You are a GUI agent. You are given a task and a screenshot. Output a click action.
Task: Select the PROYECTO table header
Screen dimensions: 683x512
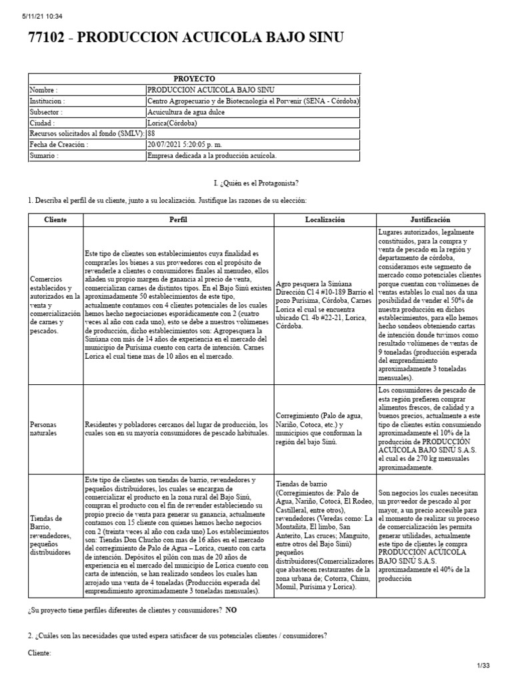pyautogui.click(x=193, y=79)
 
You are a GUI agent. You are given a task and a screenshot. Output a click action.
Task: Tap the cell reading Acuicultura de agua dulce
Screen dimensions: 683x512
pyautogui.click(x=186, y=112)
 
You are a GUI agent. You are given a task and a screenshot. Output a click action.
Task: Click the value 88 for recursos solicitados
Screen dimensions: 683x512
pyautogui.click(x=151, y=134)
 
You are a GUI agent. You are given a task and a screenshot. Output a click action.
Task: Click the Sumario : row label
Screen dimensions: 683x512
pyautogui.click(x=44, y=155)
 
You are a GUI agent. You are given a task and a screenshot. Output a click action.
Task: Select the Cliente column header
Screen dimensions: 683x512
pyautogui.click(x=55, y=219)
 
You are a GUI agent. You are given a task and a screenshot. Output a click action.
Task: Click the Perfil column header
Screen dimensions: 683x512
pyautogui.click(x=178, y=219)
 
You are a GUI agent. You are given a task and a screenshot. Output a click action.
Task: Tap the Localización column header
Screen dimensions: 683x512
pyautogui.click(x=325, y=219)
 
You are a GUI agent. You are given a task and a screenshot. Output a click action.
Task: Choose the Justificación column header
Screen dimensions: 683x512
pyautogui.click(x=430, y=219)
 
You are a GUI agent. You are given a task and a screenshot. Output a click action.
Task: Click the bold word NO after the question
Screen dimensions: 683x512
pyautogui.click(x=231, y=610)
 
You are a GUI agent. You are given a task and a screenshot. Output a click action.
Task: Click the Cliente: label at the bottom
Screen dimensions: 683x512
pyautogui.click(x=39, y=654)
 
